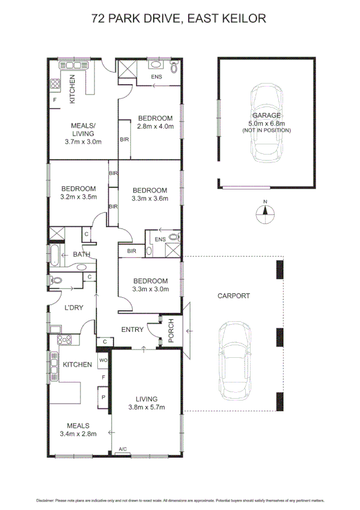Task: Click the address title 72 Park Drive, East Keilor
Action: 179,19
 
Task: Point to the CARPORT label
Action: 233,295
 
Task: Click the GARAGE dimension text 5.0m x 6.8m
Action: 266,123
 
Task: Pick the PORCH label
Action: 171,330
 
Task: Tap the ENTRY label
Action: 132,329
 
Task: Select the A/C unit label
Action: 123,449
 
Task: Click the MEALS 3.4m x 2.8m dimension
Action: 78,433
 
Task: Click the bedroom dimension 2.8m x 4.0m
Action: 155,126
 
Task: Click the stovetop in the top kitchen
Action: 54,84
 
